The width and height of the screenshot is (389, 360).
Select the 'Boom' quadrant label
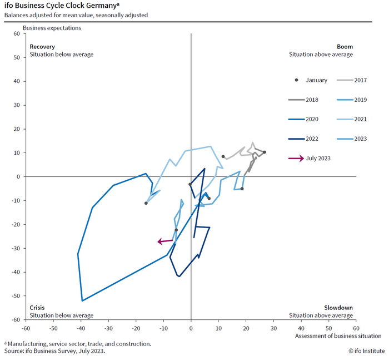click(x=345, y=47)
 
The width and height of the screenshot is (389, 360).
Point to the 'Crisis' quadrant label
click(x=37, y=308)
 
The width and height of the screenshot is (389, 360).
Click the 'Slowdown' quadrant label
click(x=338, y=308)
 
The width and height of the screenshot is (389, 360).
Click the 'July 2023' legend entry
click(x=310, y=158)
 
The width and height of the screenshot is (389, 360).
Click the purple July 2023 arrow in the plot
click(x=164, y=241)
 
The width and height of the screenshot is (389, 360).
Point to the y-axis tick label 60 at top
click(x=17, y=33)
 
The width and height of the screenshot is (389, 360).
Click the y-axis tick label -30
click(x=16, y=249)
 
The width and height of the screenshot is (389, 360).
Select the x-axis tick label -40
click(x=81, y=328)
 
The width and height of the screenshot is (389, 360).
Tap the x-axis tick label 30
click(x=273, y=328)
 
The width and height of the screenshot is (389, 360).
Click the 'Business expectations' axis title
click(x=52, y=28)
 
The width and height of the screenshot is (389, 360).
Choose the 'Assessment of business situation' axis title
click(x=338, y=336)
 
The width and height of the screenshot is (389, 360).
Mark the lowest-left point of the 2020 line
click(x=82, y=300)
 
